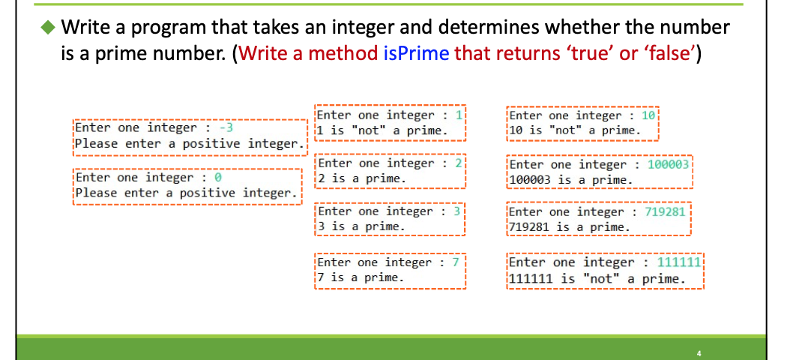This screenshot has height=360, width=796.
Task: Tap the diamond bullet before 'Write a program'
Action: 48,28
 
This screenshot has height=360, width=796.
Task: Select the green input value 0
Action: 218,177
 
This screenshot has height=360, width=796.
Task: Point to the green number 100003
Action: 667,164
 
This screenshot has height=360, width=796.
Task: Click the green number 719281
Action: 665,211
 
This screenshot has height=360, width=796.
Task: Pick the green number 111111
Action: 678,262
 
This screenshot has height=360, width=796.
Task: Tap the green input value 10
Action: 648,115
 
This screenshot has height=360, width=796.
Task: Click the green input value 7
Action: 454,262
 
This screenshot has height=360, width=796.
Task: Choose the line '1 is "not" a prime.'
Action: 383,130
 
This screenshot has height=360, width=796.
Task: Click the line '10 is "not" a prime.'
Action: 574,130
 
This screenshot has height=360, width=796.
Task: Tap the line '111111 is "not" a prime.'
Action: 597,279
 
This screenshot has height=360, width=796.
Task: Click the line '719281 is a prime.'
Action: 570,226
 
